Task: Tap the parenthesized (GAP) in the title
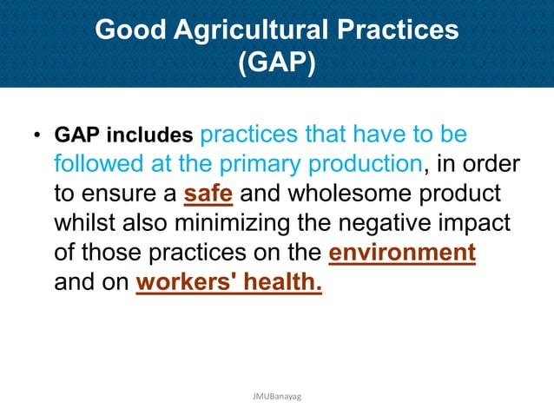tap(276, 64)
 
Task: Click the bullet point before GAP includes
tap(36, 137)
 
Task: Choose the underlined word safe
tap(208, 194)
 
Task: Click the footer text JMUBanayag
tap(276, 396)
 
